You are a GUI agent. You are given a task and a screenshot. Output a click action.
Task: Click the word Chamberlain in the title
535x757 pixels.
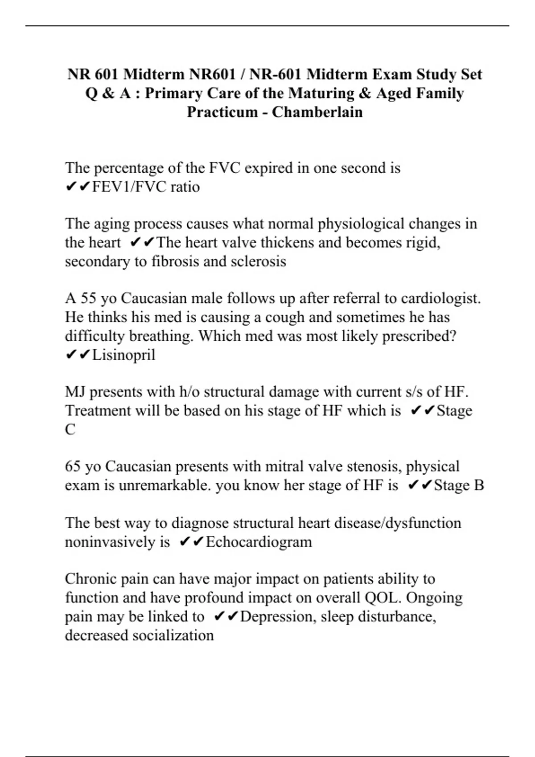(317, 112)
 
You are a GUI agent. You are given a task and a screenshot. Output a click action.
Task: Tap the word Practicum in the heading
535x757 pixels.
(222, 112)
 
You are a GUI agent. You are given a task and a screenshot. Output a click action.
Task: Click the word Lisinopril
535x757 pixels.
(123, 355)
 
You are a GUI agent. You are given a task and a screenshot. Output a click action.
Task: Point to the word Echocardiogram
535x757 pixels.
(259, 542)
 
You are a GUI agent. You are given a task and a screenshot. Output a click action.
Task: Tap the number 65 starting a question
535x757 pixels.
(72, 467)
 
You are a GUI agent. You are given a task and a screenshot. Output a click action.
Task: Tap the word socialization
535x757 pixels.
(173, 635)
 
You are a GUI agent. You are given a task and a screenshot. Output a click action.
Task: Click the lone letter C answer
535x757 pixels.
(70, 430)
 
